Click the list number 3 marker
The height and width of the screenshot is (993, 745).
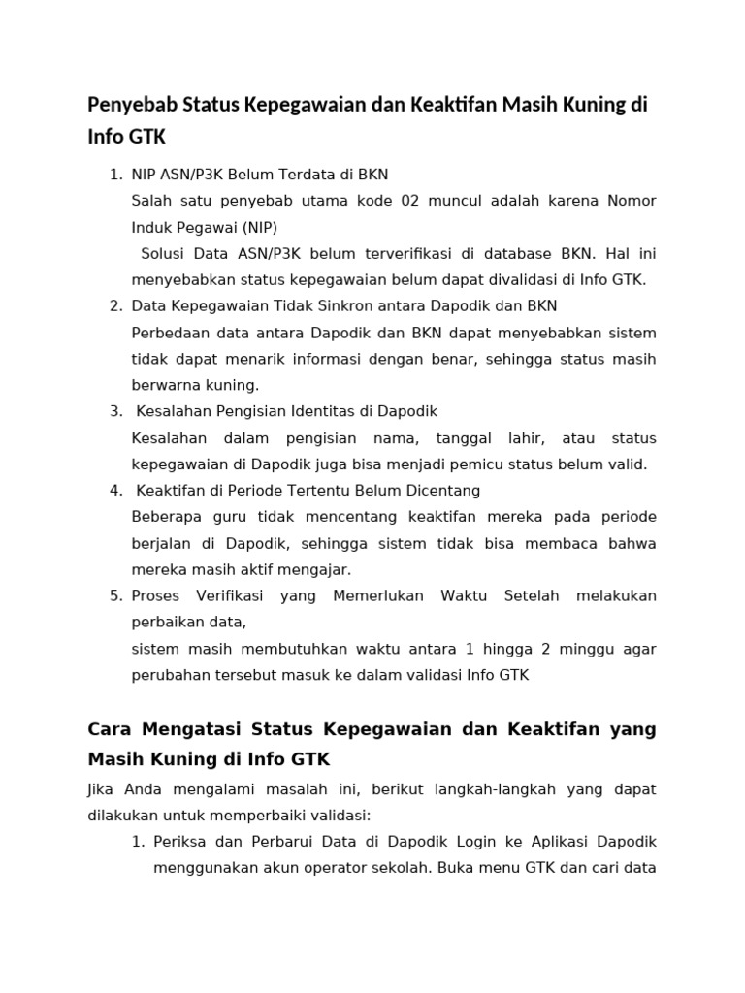coord(114,411)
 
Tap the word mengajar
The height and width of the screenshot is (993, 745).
coord(319,568)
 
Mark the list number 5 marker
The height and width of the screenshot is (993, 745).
coord(114,594)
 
